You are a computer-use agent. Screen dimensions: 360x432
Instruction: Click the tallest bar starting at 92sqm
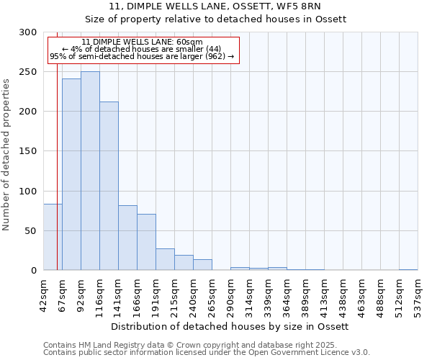pyautogui.click(x=90, y=171)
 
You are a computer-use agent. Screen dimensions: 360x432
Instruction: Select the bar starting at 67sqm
pyautogui.click(x=71, y=174)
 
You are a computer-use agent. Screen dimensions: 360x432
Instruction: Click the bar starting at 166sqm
pyautogui.click(x=146, y=242)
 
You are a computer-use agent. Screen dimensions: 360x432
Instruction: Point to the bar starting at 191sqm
pyautogui.click(x=165, y=259)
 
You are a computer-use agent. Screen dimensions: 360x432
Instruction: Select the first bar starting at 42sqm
pyautogui.click(x=53, y=237)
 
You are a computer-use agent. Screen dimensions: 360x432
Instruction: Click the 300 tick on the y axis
pyautogui.click(x=28, y=32)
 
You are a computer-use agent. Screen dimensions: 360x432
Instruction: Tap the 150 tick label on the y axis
pyautogui.click(x=28, y=151)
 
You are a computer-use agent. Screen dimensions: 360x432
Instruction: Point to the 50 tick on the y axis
pyautogui.click(x=31, y=231)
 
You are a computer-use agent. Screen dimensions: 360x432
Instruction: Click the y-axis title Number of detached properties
pyautogui.click(x=6, y=155)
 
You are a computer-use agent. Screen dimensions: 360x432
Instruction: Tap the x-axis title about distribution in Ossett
pyautogui.click(x=230, y=326)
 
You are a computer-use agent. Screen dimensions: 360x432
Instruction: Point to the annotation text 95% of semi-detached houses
pyautogui.click(x=142, y=57)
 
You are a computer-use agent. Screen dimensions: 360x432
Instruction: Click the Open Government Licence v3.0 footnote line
pyautogui.click(x=207, y=352)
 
